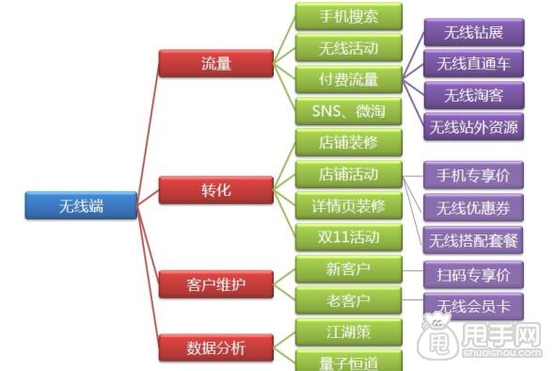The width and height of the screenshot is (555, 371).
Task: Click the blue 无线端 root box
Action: click(81, 205)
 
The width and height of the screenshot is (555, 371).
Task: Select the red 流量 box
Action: click(216, 63)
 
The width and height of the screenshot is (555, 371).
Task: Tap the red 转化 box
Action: click(216, 190)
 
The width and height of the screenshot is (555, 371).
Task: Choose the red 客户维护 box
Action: click(216, 282)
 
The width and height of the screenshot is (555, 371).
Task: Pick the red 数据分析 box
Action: click(216, 347)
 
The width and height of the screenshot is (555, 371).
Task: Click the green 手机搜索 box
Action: click(348, 16)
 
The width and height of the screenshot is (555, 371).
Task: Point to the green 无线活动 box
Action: click(348, 47)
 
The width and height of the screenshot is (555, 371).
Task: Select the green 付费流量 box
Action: click(348, 78)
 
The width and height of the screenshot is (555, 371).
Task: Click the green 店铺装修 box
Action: click(348, 143)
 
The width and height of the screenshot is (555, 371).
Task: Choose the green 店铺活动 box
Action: click(348, 174)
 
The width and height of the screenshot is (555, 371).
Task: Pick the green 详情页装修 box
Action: click(348, 205)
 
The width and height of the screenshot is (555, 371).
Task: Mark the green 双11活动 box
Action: click(348, 235)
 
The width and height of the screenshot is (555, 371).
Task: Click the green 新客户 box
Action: click(348, 269)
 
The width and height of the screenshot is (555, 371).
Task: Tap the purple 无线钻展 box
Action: click(474, 33)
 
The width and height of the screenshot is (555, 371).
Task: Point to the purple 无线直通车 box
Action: click(474, 64)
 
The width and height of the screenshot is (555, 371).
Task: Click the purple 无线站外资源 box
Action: click(474, 126)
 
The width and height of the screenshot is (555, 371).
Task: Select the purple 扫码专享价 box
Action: click(474, 275)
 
